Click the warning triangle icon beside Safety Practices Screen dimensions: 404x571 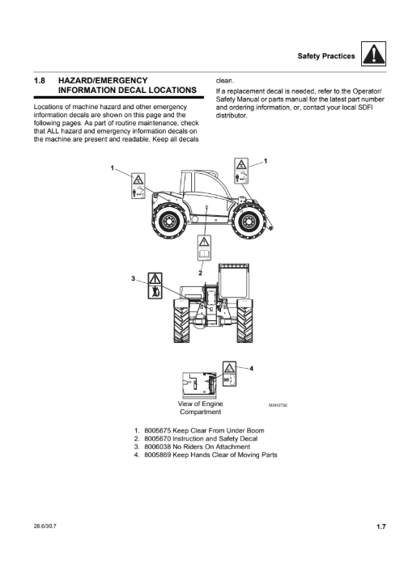point(373,54)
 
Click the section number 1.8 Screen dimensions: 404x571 point(40,81)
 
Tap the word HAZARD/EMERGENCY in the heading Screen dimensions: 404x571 point(103,81)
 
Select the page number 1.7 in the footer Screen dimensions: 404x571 point(381,527)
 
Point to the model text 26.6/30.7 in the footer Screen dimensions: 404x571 point(45,527)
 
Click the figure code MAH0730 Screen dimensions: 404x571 point(278,405)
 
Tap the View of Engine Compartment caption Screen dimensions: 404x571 point(200,408)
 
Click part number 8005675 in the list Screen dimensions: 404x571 point(158,430)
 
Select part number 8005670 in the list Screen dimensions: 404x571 point(158,439)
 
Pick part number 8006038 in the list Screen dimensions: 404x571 point(158,446)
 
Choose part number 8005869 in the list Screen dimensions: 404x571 point(158,455)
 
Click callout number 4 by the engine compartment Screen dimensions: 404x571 point(251,369)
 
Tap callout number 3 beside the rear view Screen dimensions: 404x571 point(133,278)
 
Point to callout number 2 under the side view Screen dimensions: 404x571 point(200,273)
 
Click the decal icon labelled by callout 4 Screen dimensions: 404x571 point(229,374)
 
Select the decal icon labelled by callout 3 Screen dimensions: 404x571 point(155,285)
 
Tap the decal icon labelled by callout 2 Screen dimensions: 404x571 point(204,248)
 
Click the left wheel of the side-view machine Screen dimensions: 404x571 point(169,221)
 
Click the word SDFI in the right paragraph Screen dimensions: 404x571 point(366,108)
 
